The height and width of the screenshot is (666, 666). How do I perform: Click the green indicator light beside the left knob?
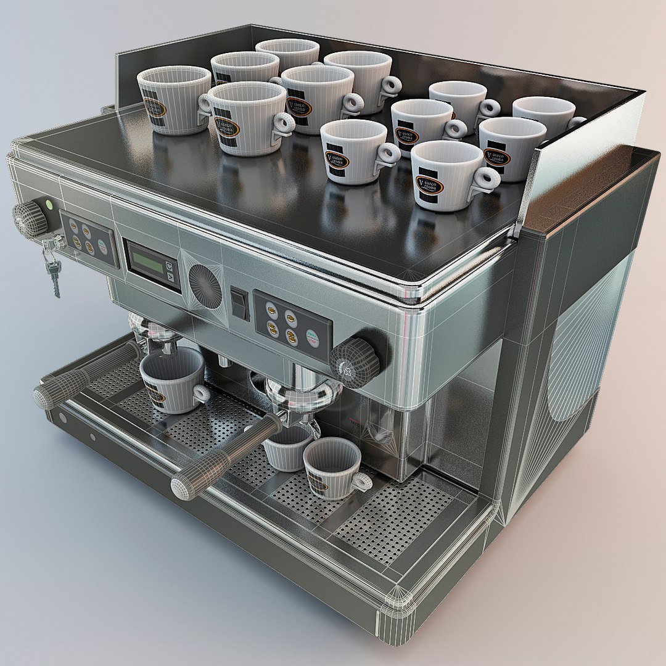click(49, 204)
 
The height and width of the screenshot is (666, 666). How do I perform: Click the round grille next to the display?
click(205, 286)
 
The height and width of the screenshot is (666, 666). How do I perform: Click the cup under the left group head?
click(171, 380)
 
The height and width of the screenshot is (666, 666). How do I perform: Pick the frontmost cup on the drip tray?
click(331, 467)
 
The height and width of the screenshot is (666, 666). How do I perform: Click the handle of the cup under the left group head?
click(201, 392)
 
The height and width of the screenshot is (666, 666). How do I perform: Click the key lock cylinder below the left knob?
click(58, 242)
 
